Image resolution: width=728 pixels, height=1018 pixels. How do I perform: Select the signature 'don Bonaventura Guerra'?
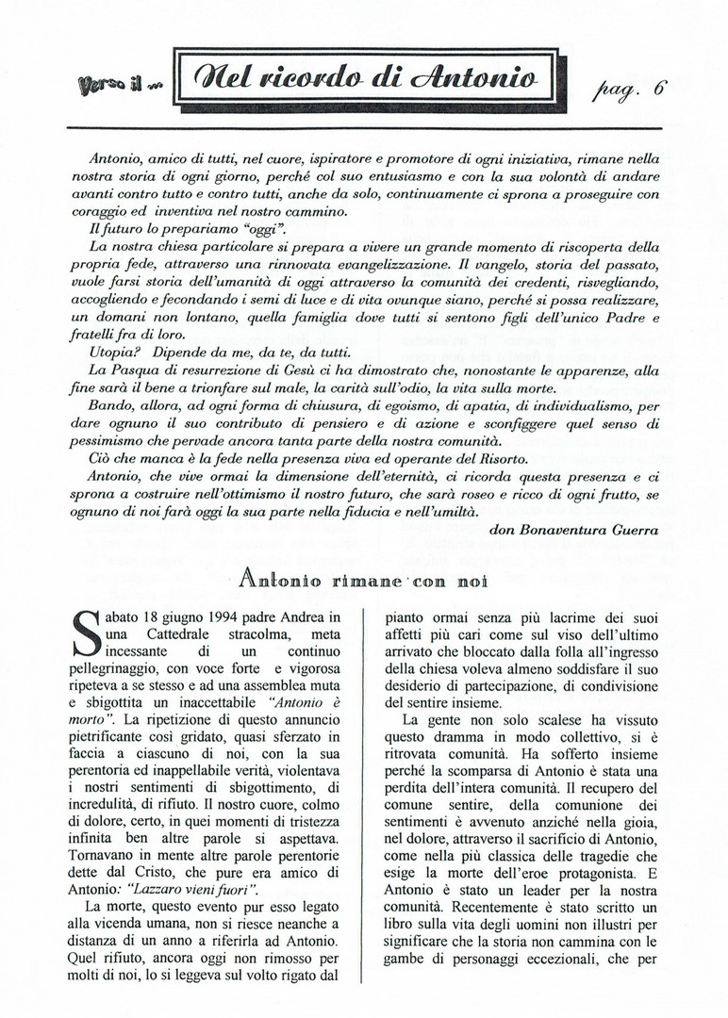[x=574, y=530]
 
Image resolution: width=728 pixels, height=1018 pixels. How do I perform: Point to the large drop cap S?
[x=85, y=635]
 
